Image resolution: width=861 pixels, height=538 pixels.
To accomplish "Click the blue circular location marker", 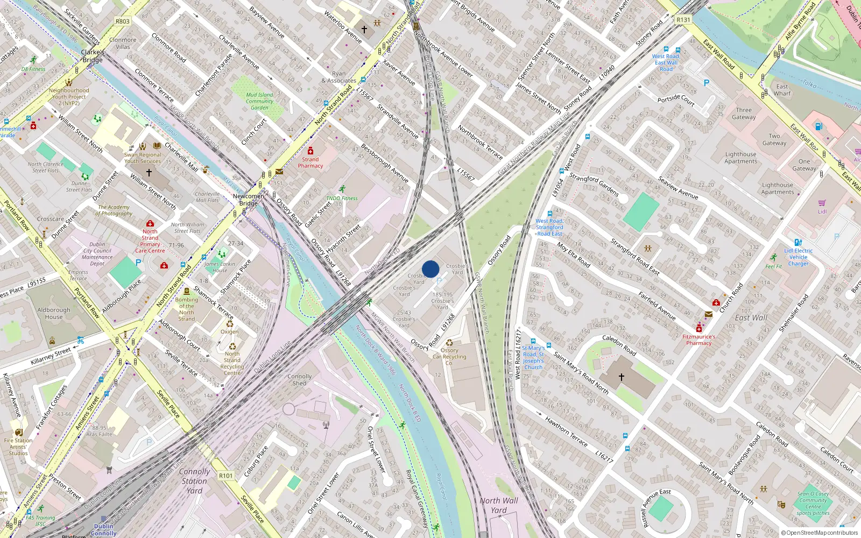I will [x=430, y=269].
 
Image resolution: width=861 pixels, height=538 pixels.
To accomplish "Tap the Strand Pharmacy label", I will [x=310, y=162].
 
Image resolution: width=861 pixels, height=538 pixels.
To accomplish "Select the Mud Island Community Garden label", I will [x=259, y=101].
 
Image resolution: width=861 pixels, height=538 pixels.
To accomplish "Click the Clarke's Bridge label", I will [x=93, y=56].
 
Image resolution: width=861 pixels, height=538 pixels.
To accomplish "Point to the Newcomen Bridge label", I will [x=249, y=200].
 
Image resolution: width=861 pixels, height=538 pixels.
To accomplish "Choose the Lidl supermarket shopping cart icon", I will [x=822, y=203].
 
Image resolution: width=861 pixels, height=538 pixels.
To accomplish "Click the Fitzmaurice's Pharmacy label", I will [x=698, y=339].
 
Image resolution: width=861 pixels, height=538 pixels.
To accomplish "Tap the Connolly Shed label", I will [x=299, y=380].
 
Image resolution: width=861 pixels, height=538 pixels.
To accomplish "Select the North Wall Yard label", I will [x=498, y=505].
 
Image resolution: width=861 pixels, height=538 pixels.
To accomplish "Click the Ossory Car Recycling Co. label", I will [x=449, y=356].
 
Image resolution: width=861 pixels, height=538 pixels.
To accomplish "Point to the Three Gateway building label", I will [x=744, y=114].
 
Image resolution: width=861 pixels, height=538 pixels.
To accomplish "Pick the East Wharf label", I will [x=782, y=90].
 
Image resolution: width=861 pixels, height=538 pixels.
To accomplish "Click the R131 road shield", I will [x=683, y=20].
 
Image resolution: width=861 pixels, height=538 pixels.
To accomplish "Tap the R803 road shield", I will [x=123, y=22].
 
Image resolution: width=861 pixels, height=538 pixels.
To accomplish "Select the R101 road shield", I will [x=226, y=476].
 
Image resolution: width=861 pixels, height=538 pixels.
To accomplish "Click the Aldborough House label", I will [x=54, y=313].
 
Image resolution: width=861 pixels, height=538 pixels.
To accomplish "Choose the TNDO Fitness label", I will [x=342, y=198].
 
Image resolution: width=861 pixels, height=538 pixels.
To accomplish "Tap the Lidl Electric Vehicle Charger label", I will [x=798, y=257].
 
